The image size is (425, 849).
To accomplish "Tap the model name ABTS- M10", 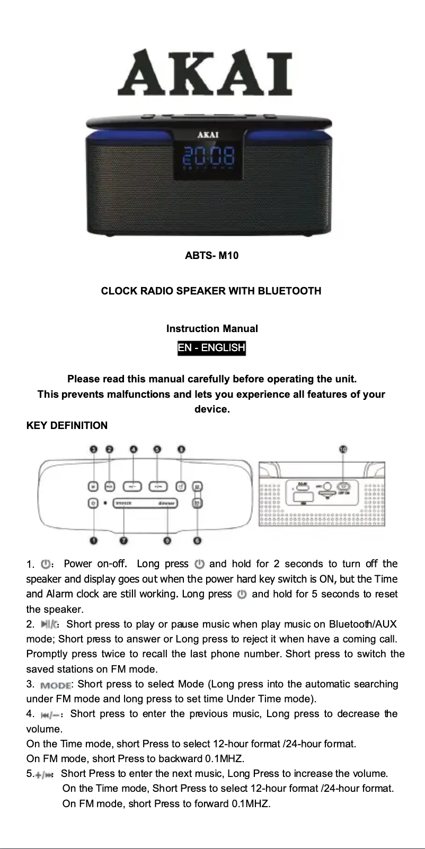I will [211, 255].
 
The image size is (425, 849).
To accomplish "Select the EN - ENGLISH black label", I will [211, 347].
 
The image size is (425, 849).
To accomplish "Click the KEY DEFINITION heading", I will [67, 425].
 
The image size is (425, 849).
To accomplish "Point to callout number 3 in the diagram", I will [94, 449].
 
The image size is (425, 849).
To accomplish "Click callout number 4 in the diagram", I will [134, 449].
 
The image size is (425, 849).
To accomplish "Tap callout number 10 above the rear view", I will [343, 449].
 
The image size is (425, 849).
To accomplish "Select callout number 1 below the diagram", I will [93, 541].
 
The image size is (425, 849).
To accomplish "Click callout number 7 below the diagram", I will [123, 541].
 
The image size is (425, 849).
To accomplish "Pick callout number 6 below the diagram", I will [197, 541].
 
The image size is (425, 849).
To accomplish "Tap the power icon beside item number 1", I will [46, 564].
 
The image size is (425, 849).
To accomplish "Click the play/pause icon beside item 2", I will [49, 624].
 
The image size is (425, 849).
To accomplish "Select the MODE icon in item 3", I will [55, 685].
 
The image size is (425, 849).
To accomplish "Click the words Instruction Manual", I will [212, 328].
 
